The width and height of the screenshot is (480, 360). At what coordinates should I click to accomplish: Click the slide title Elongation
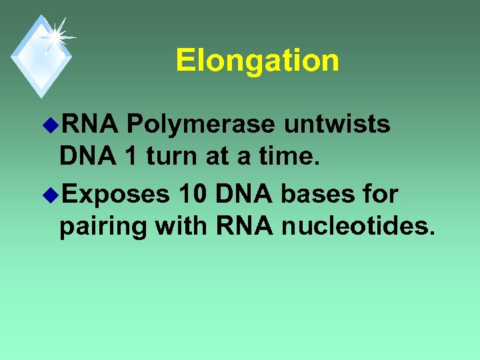click(x=257, y=61)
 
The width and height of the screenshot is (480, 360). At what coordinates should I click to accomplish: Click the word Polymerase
click(x=201, y=125)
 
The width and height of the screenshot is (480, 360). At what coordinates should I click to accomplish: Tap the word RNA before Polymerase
click(x=89, y=125)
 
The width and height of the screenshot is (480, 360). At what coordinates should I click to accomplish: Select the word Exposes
click(x=117, y=195)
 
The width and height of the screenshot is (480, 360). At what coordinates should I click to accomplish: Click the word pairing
click(x=103, y=227)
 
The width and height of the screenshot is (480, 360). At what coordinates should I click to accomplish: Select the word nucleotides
click(x=359, y=226)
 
